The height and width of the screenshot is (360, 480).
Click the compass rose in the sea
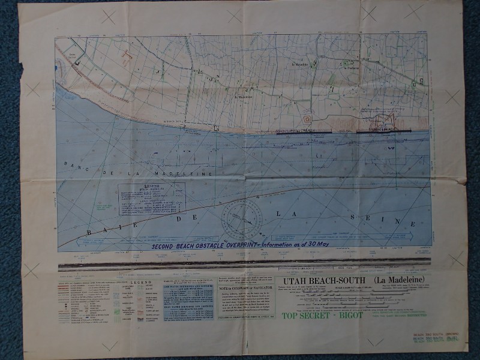pos(242,220)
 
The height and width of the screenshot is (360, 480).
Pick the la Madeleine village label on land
pos(243,97)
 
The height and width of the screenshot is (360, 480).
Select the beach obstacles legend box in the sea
pos(151,199)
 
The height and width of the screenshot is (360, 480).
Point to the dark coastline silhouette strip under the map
pos(243,263)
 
